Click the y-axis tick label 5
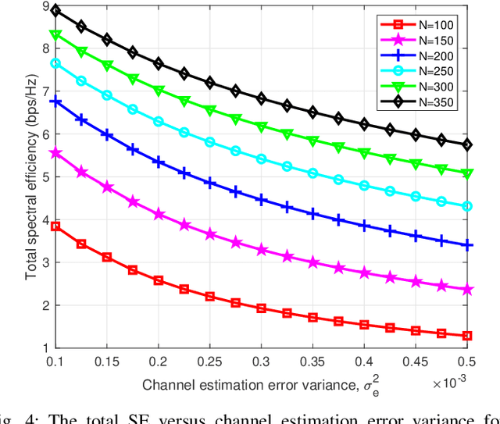coord(44,176)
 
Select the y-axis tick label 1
coord(44,347)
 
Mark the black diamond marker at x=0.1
coord(55,12)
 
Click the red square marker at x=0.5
coord(467,336)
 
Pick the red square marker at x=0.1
coord(55,226)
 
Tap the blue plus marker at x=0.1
coord(55,102)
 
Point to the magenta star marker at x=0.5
coord(467,290)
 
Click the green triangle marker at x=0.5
coord(467,173)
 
